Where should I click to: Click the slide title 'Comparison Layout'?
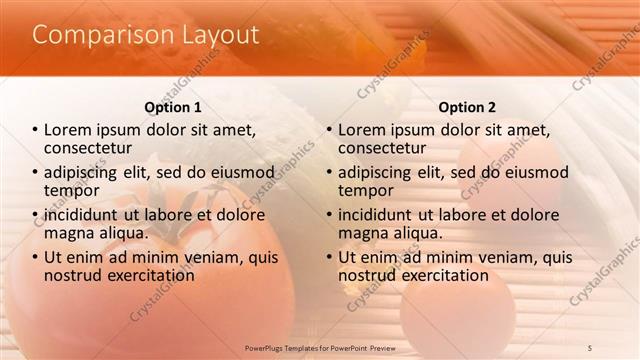146,35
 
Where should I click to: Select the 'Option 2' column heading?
466,107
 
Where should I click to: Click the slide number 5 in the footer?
589,346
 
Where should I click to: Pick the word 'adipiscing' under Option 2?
384,172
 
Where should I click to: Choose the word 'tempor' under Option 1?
71,191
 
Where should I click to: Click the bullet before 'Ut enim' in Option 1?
35,257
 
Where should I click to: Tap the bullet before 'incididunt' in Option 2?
329,215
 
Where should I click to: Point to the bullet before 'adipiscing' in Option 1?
35,173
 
